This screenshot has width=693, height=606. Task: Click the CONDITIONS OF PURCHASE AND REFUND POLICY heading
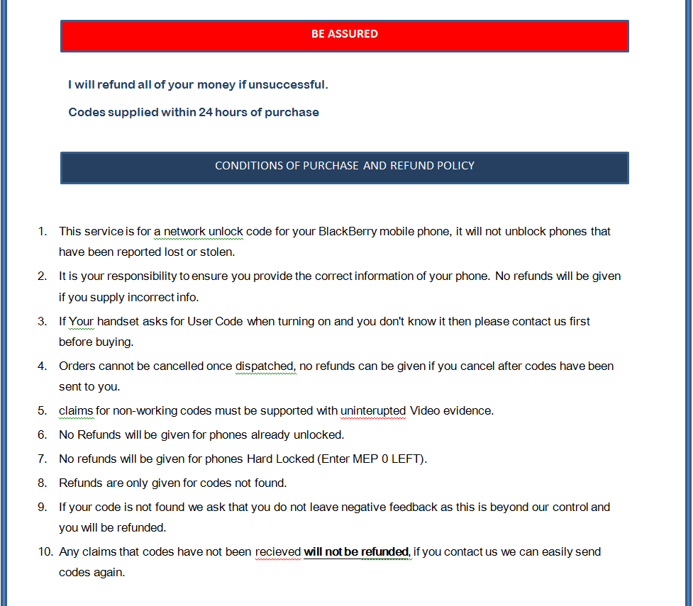pyautogui.click(x=345, y=167)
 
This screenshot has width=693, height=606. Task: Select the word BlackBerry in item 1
pyautogui.click(x=348, y=232)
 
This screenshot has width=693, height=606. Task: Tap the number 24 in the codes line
pyautogui.click(x=205, y=113)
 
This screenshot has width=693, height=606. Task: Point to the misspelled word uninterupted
pyautogui.click(x=373, y=411)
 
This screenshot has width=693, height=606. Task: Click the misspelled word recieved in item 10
pyautogui.click(x=278, y=552)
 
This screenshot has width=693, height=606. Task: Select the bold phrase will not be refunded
pyautogui.click(x=357, y=552)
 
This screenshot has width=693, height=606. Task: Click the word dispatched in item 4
pyautogui.click(x=265, y=366)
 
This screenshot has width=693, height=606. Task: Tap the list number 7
pyautogui.click(x=43, y=459)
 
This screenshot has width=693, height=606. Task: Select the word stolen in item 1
pyautogui.click(x=217, y=252)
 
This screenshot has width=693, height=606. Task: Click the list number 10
pyautogui.click(x=45, y=552)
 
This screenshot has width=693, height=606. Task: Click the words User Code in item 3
pyautogui.click(x=215, y=322)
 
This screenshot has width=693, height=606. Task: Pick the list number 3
pyautogui.click(x=43, y=322)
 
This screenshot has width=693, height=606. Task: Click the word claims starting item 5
pyautogui.click(x=77, y=411)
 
